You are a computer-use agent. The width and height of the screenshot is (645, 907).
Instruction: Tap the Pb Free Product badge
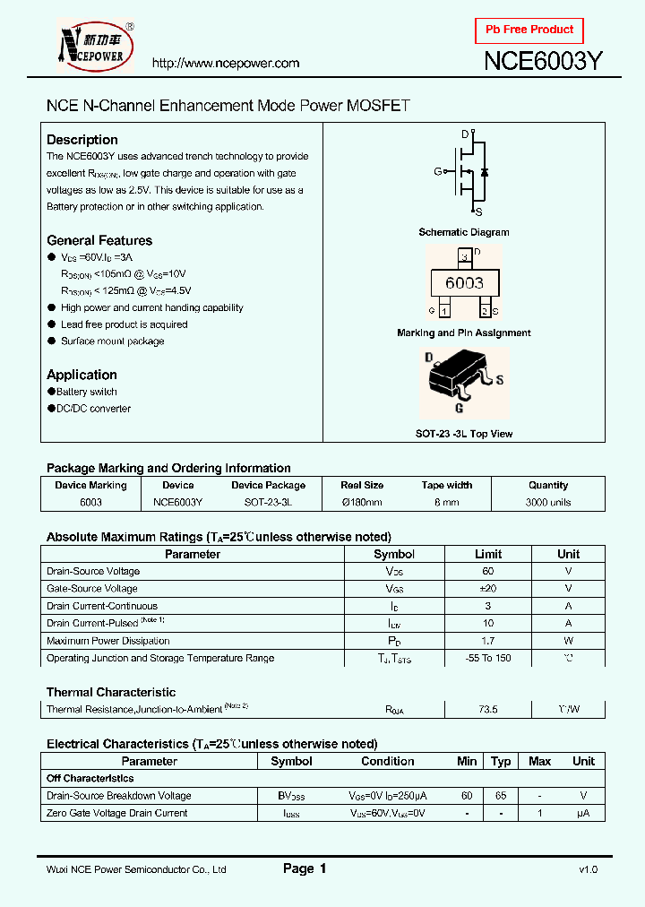click(529, 30)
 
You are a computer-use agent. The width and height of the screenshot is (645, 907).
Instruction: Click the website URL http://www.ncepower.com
click(225, 63)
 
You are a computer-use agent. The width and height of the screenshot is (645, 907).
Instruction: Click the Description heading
click(82, 140)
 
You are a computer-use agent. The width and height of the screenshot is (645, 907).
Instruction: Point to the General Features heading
click(99, 240)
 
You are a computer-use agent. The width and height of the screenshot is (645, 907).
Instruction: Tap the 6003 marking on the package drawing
click(464, 283)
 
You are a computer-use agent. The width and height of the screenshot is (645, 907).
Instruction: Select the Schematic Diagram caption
click(464, 232)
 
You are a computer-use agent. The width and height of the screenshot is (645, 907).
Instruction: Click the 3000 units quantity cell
click(548, 503)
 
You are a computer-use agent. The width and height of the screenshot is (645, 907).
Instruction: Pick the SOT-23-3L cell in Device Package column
click(268, 503)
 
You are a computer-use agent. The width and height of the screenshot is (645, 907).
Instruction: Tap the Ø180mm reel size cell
click(362, 503)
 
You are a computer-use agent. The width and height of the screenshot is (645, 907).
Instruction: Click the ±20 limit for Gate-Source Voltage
click(488, 589)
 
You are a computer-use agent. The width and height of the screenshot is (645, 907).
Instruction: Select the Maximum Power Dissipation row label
click(107, 641)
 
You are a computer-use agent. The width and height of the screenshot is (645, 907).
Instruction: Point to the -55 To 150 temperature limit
click(488, 658)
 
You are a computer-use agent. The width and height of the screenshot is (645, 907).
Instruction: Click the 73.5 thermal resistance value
click(488, 709)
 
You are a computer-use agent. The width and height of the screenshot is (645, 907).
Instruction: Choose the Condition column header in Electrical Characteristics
click(388, 761)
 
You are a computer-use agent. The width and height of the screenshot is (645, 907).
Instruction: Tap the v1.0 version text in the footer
click(588, 869)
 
